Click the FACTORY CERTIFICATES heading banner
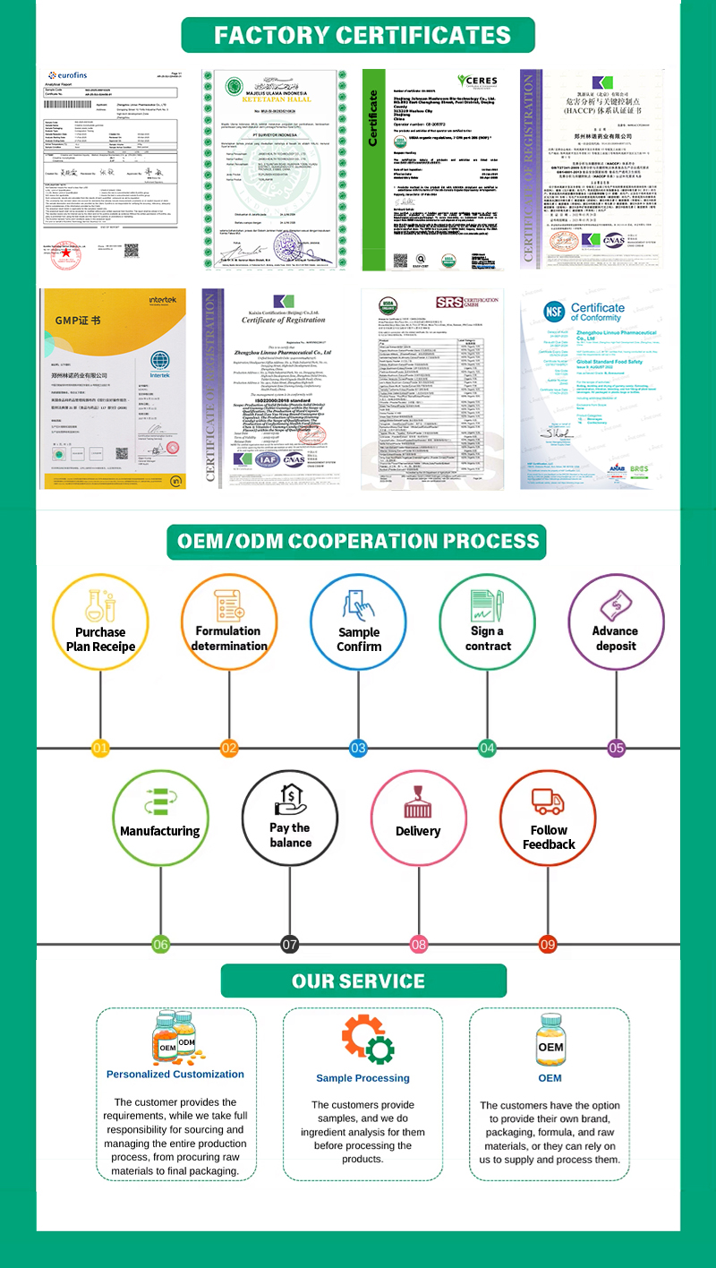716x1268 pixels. click(x=358, y=36)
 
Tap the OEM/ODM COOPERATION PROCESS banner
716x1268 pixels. click(x=358, y=542)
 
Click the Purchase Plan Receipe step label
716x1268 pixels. click(x=100, y=639)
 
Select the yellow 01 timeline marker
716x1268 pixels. click(x=100, y=748)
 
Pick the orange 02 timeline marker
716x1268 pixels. click(x=229, y=748)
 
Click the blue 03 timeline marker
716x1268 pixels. click(x=358, y=748)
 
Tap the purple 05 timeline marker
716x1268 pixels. click(x=616, y=748)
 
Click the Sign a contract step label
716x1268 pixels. click(x=488, y=638)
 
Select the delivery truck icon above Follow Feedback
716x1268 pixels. click(x=548, y=801)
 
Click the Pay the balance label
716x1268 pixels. click(x=290, y=835)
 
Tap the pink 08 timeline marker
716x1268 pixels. click(x=419, y=944)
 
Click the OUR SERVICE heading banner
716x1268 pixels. click(x=358, y=981)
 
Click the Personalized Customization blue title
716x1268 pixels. click(x=175, y=1074)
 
